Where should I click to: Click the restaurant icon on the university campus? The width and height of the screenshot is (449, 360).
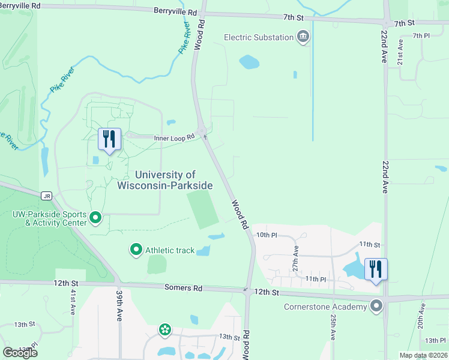[109, 139]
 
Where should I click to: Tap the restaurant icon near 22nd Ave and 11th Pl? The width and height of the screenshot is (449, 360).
[376, 269]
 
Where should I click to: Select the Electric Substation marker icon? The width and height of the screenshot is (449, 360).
[304, 37]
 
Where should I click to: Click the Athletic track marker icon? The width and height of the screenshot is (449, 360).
[136, 249]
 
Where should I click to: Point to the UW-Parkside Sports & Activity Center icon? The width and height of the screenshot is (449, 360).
[95, 217]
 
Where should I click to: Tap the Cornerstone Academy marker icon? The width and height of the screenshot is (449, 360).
[376, 307]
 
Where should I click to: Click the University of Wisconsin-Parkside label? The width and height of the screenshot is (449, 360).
[173, 180]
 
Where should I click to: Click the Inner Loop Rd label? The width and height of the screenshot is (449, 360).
[175, 137]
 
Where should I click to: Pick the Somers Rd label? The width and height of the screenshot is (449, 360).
[184, 289]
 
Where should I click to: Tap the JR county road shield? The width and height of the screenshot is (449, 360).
[46, 196]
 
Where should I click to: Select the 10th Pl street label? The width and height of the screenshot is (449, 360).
[265, 235]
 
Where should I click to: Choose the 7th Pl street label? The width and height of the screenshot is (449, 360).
[421, 36]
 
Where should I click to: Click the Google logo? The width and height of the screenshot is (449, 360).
[20, 352]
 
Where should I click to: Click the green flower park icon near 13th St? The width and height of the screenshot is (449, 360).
[164, 329]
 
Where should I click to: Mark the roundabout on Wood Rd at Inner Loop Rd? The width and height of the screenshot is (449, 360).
[202, 131]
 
